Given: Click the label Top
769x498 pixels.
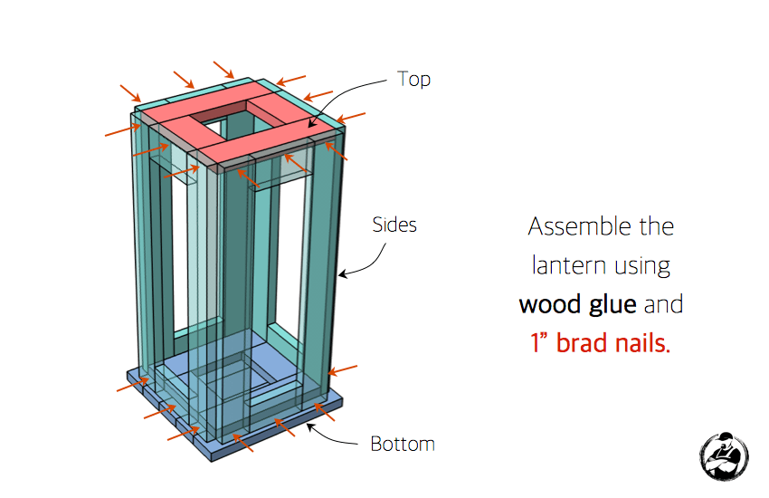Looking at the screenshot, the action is tap(413, 80).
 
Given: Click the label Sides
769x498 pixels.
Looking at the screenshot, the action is tap(394, 225).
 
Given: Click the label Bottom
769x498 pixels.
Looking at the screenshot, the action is tap(403, 444).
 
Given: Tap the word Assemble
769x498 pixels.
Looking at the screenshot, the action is tap(578, 226).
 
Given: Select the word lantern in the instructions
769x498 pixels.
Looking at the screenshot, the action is tap(569, 265).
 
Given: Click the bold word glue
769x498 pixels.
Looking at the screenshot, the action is tap(612, 305).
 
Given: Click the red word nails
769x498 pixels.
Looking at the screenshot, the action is tap(642, 343).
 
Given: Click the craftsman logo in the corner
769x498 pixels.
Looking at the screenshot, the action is tap(724, 456).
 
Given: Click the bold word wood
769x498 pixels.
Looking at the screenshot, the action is tap(551, 305).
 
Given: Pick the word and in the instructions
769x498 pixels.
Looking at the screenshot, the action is tap(663, 305).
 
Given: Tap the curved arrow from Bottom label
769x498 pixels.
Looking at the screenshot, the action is tap(331, 436).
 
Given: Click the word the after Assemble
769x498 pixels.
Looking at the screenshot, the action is tap(657, 226).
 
